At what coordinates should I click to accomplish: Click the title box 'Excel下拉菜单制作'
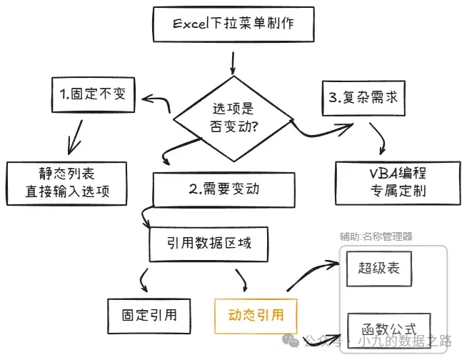[233, 24]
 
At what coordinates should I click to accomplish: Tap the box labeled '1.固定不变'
[94, 95]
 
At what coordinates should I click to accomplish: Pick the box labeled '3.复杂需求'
[363, 98]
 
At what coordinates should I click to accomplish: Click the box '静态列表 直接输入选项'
[66, 184]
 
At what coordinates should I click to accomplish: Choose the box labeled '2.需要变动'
[224, 189]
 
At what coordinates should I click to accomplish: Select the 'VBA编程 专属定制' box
[398, 183]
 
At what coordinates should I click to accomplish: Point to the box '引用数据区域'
[209, 244]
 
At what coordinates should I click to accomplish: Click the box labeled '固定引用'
[149, 316]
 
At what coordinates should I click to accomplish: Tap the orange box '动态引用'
[256, 316]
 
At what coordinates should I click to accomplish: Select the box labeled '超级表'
[379, 269]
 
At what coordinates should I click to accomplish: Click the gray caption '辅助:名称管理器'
[376, 236]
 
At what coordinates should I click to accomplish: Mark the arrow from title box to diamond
[233, 63]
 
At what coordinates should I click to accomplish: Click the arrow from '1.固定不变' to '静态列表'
[75, 137]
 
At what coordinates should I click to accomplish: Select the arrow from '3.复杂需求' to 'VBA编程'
[379, 138]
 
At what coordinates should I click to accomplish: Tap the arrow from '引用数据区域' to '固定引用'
[143, 280]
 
